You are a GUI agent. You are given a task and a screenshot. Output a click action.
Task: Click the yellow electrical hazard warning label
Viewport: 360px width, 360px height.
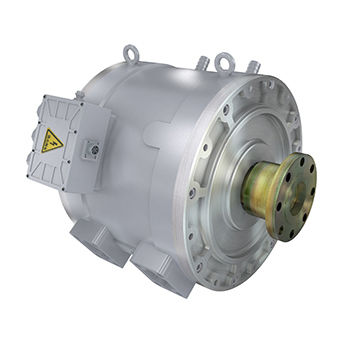pos(51,142)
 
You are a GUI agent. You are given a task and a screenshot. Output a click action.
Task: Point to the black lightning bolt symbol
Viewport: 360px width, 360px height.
pos(51,143)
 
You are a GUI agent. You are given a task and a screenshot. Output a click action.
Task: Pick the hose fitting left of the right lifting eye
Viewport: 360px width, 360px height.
pos(202,63)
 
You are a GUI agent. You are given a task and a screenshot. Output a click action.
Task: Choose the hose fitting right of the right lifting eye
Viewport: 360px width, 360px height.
pos(254,66)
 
